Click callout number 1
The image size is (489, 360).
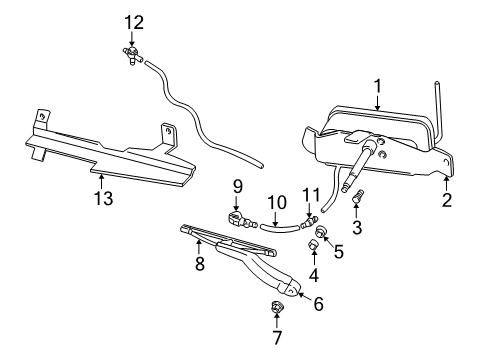point(378,86)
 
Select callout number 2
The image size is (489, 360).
point(447,199)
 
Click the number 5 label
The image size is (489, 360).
point(337,252)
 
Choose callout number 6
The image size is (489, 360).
point(318,303)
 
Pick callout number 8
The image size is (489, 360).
point(200,265)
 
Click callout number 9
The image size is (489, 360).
point(238,185)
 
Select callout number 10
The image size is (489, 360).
point(272,204)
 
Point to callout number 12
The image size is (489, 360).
point(133,22)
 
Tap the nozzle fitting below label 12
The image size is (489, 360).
point(132,54)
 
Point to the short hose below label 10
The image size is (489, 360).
point(279,227)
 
